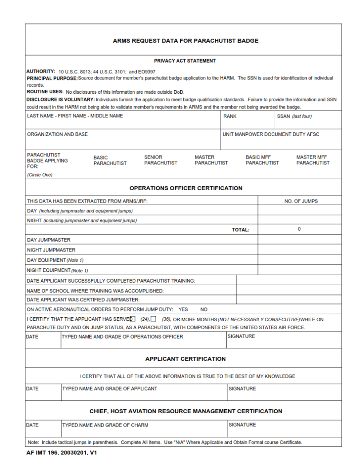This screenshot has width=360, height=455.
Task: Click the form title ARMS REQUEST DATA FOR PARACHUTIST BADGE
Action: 186,41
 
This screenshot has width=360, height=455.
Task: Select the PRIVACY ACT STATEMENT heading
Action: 185,61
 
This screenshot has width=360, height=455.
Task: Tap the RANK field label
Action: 230,116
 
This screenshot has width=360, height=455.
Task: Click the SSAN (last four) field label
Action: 294,116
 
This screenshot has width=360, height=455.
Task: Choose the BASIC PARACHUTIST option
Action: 110,160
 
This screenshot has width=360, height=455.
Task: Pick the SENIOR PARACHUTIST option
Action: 160,160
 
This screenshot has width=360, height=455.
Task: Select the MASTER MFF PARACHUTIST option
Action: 313,160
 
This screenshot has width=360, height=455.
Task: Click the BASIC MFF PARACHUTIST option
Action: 262,160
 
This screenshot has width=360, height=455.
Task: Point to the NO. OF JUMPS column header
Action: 301,201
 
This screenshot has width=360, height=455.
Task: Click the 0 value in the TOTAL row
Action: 299,229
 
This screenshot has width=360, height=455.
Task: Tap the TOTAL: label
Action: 241,230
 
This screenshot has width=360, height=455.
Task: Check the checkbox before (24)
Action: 132,319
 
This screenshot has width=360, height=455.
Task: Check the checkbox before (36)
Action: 154,319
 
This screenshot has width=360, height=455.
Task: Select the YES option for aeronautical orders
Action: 183,309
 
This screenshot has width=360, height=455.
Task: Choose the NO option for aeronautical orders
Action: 204,309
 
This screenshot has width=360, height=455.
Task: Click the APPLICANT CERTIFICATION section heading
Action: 186,359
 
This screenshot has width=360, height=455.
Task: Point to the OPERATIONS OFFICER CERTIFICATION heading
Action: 186,188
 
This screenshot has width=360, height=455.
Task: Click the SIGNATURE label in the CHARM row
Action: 242,425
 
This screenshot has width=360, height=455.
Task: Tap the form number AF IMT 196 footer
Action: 62,452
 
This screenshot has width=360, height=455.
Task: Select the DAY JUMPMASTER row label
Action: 48,240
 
